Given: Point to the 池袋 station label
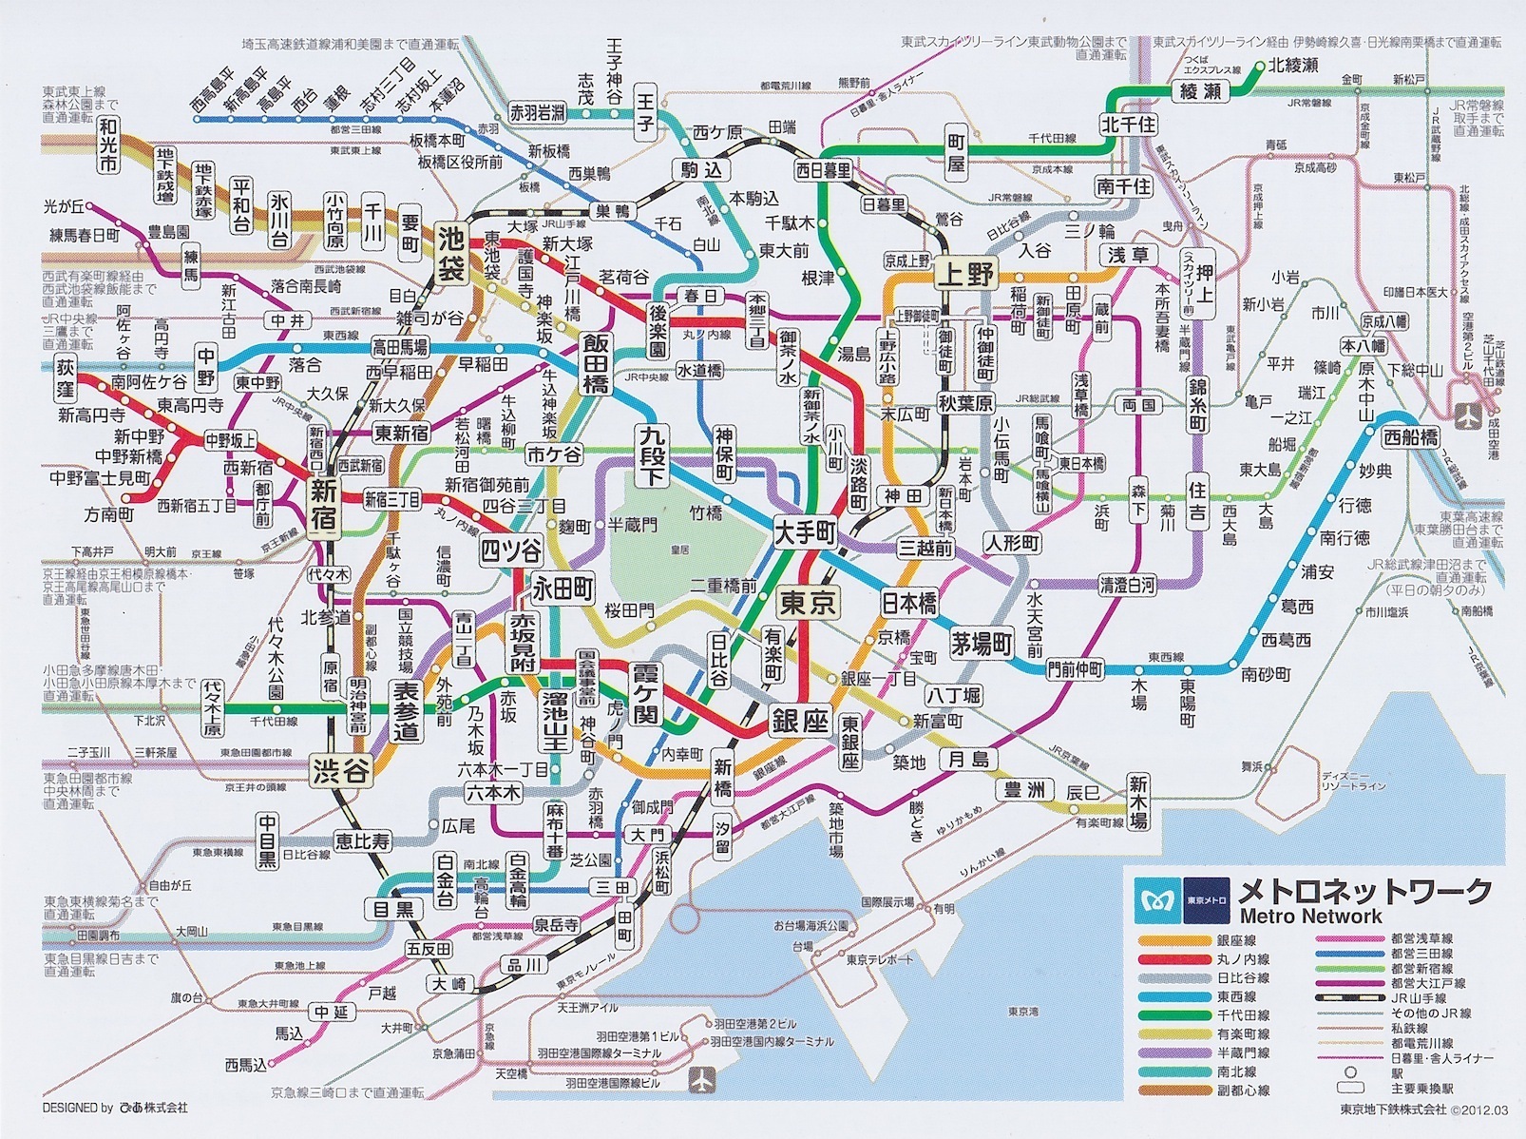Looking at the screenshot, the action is click(451, 251).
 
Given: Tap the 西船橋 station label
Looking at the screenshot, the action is click(1410, 438).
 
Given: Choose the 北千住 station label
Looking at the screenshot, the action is click(1129, 125).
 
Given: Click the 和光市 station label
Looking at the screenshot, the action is click(107, 144).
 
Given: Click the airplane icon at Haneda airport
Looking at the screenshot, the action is click(702, 1080).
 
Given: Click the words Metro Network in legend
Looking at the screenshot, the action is click(1310, 917).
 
